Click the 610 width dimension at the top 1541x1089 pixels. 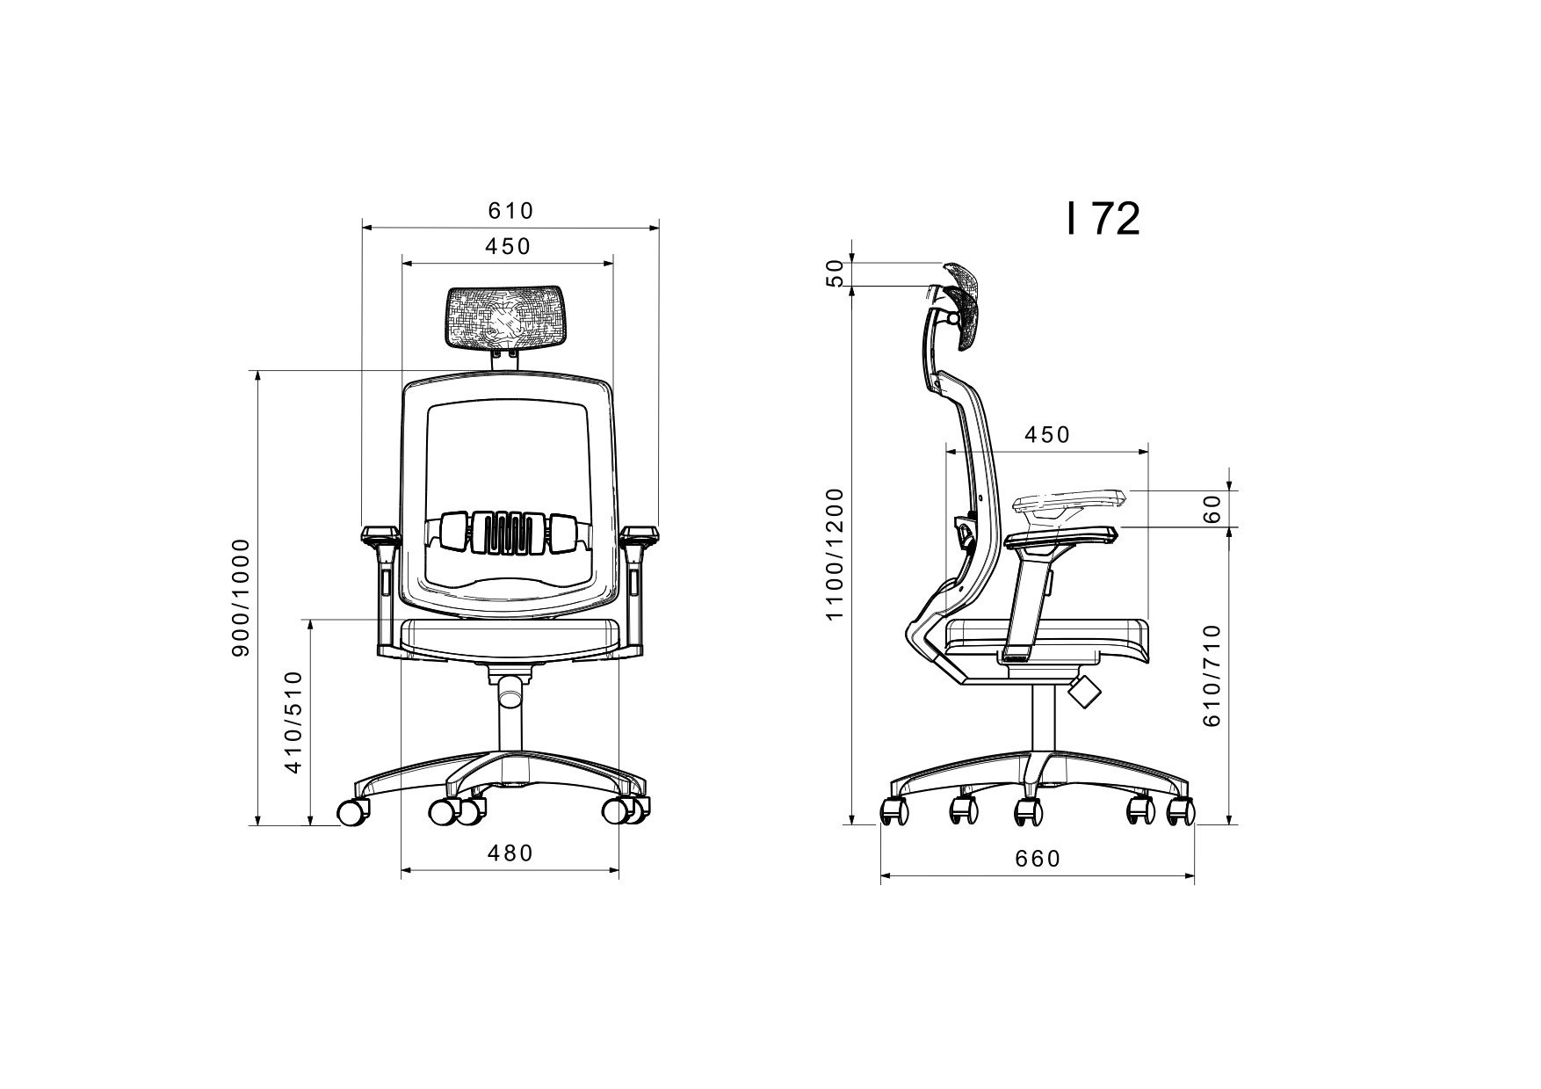point(510,211)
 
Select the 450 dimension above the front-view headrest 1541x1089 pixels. point(508,246)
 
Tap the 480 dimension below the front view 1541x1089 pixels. point(510,853)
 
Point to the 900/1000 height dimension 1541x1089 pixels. point(241,598)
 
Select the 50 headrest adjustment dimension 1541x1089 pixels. point(835,273)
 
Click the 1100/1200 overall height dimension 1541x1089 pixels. point(835,553)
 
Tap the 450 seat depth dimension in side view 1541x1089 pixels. point(1047,435)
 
